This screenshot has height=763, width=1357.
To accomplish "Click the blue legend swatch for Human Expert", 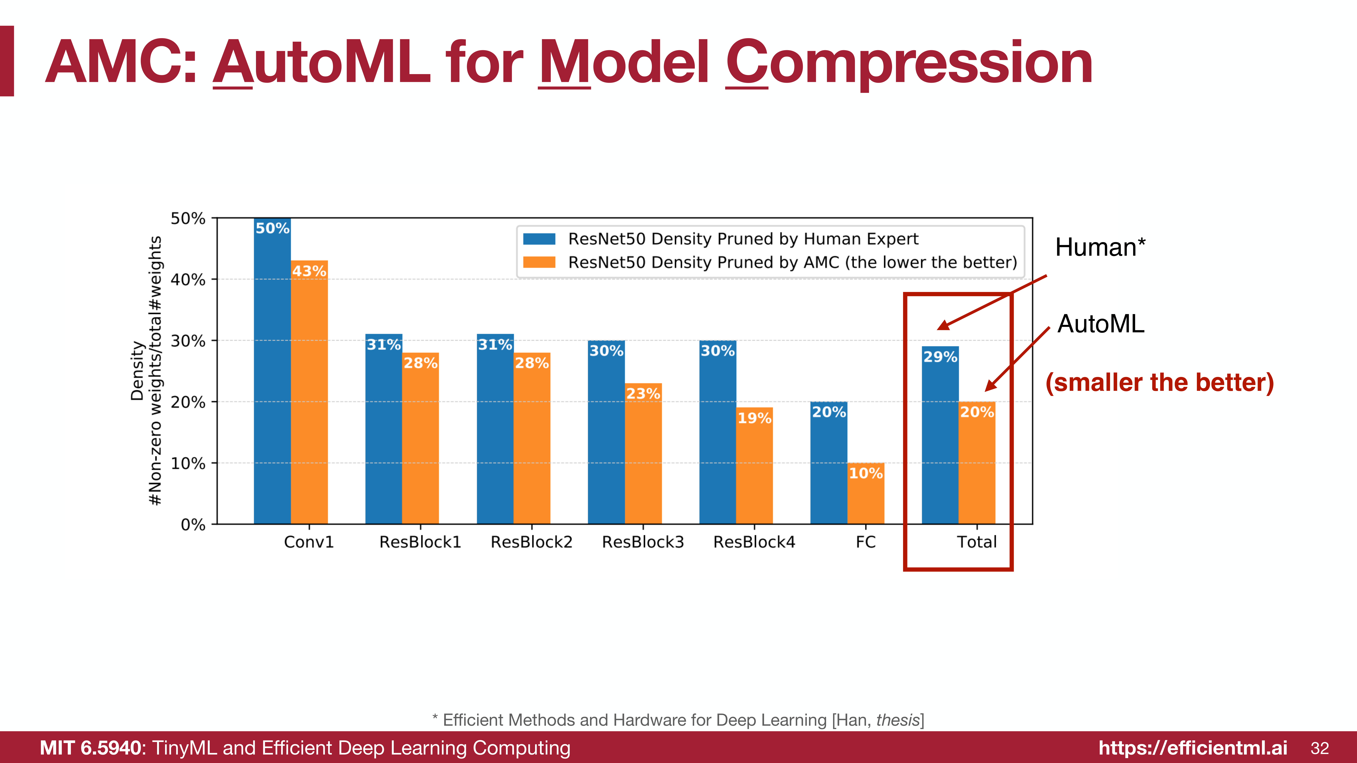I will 539,239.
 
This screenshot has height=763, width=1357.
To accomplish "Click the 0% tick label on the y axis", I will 193,525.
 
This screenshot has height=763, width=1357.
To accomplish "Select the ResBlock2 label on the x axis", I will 532,542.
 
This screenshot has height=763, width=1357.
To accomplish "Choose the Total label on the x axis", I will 977,542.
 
